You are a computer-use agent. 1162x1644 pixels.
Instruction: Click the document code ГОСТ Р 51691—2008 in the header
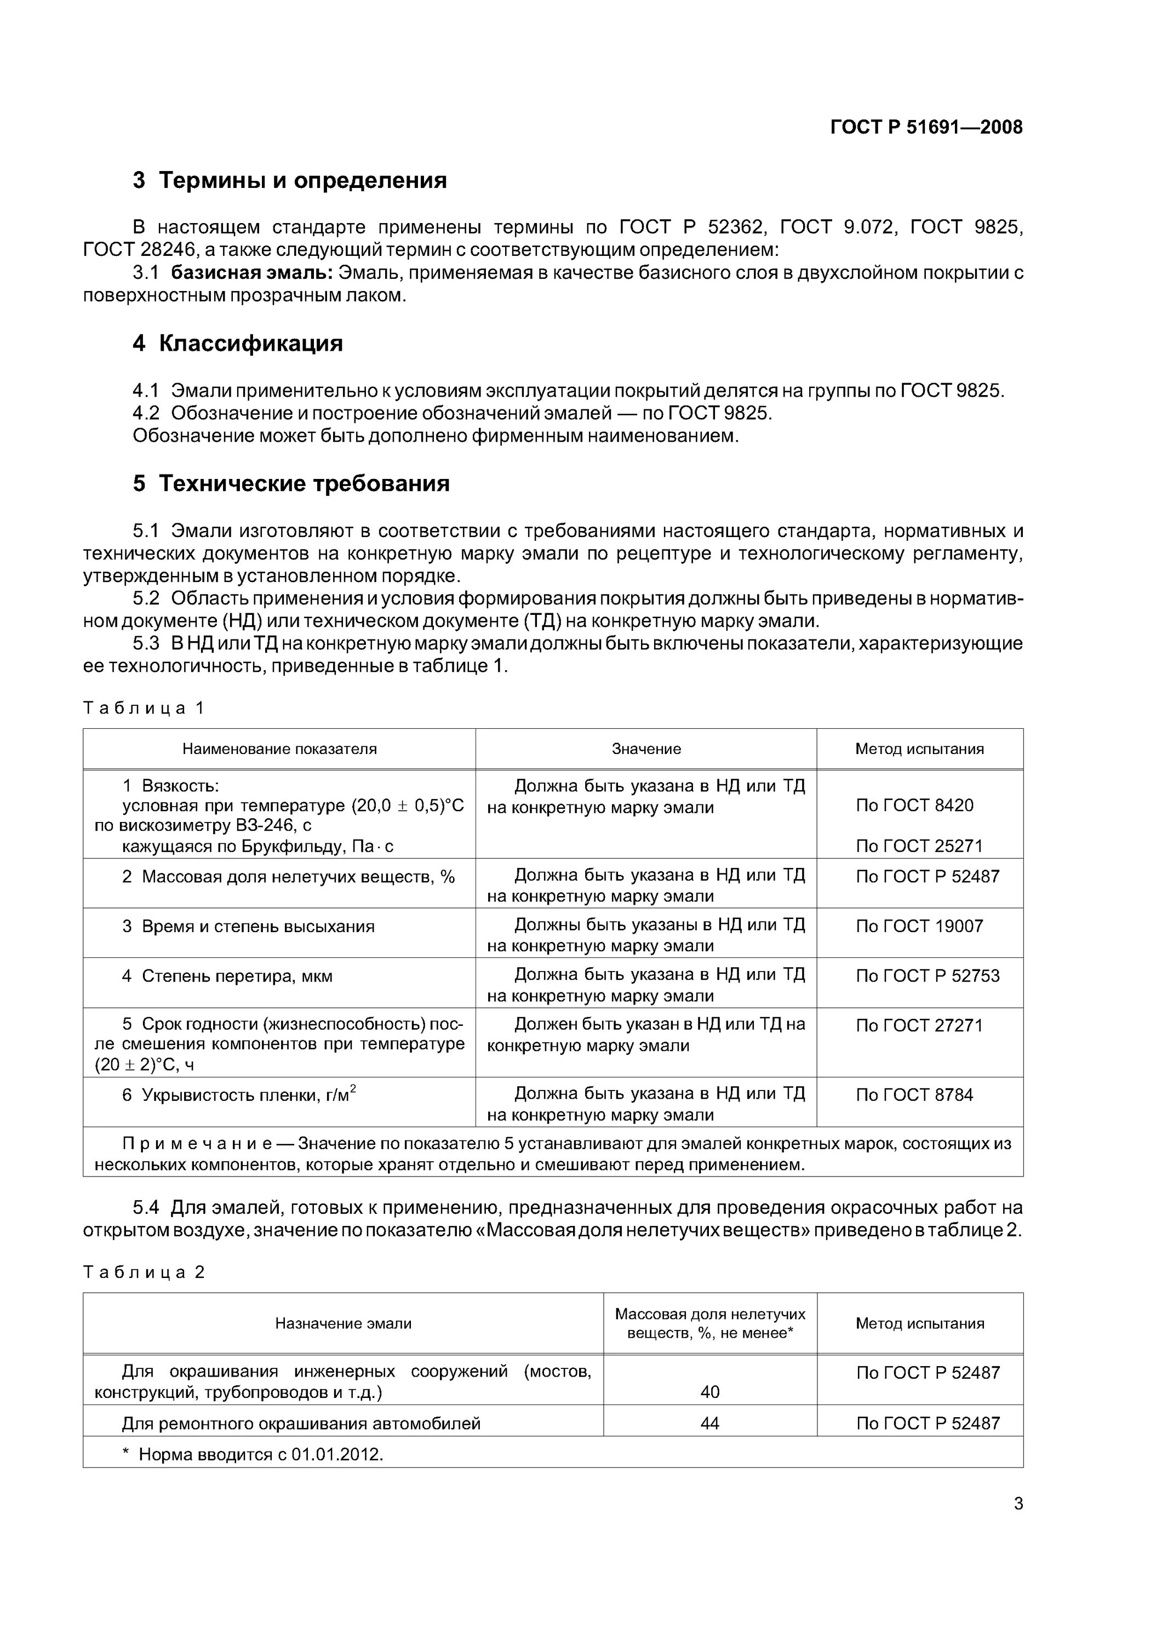(x=926, y=128)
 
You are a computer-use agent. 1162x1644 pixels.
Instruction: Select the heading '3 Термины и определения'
(x=289, y=180)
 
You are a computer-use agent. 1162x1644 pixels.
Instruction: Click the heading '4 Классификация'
(x=238, y=344)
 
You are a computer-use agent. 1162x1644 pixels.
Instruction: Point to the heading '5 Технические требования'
(x=291, y=484)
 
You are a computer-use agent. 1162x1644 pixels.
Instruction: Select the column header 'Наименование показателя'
(x=279, y=749)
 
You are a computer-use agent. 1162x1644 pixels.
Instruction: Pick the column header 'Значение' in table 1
(x=646, y=749)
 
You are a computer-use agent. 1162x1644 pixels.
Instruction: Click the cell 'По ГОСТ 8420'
(x=914, y=805)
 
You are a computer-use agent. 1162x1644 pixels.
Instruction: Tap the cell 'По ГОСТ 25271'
(x=919, y=846)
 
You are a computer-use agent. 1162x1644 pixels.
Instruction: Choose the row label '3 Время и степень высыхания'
(x=248, y=927)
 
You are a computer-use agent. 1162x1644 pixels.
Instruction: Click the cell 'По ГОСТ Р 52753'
(x=927, y=975)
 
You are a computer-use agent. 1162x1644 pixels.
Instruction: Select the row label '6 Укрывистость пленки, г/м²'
(x=239, y=1095)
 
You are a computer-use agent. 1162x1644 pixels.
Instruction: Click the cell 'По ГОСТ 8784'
(x=914, y=1094)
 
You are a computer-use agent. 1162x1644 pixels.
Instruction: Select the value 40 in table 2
(x=709, y=1391)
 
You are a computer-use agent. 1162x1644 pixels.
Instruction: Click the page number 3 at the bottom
(x=1018, y=1504)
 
